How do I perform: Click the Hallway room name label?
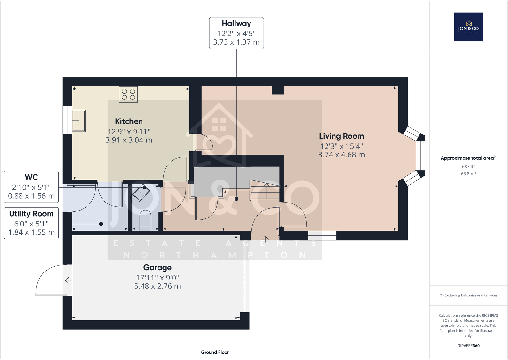point(236,24)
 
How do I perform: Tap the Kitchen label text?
point(129,121)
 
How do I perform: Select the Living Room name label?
point(342,136)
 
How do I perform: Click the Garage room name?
point(157,268)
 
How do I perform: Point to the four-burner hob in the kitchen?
point(128,94)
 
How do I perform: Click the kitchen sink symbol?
point(79,121)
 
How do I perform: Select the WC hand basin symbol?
point(141,193)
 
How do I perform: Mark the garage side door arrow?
point(68,280)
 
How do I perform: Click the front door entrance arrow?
point(265,238)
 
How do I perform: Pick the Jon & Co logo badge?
point(468,27)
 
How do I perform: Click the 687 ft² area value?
point(468,166)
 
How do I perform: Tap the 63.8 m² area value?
point(468,174)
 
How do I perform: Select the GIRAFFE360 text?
point(468,346)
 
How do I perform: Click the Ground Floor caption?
point(215,352)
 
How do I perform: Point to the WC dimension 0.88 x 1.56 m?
point(31,196)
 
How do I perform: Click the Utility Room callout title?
point(31,214)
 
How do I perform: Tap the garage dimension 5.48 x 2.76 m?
point(157,286)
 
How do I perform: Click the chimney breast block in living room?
point(278,90)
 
